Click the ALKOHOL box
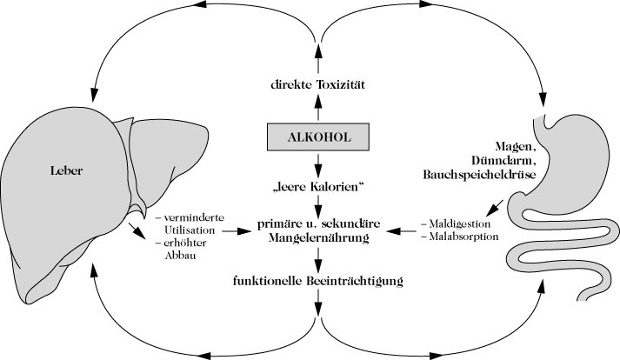(x=317, y=137)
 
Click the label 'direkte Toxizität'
(x=317, y=85)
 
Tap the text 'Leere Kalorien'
(x=317, y=187)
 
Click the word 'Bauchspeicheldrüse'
(x=471, y=176)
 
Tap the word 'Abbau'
(x=168, y=257)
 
